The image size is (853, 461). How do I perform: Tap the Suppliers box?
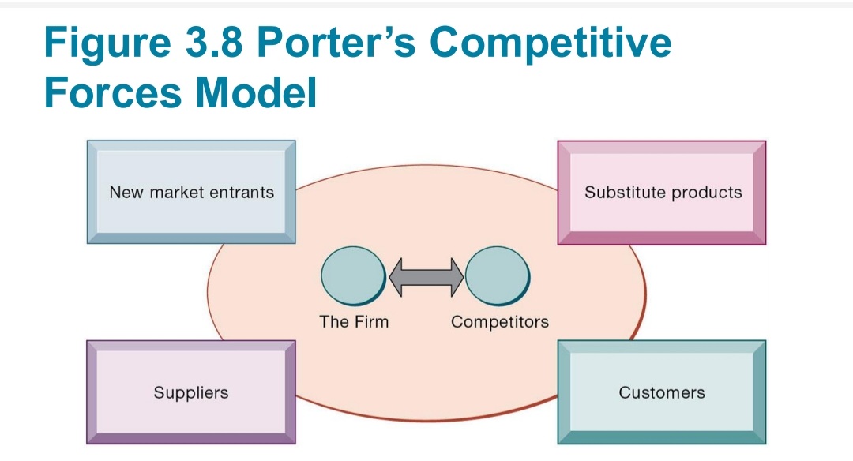click(190, 392)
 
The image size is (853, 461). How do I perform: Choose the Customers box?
click(662, 392)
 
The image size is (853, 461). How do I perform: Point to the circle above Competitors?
click(498, 276)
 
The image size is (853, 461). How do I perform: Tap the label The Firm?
click(354, 321)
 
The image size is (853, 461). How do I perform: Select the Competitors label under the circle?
click(499, 322)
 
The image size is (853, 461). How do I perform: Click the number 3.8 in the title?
click(218, 43)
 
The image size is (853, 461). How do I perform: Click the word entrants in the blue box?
click(242, 192)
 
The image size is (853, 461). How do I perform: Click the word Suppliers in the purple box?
click(190, 392)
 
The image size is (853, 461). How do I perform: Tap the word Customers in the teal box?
click(662, 392)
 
